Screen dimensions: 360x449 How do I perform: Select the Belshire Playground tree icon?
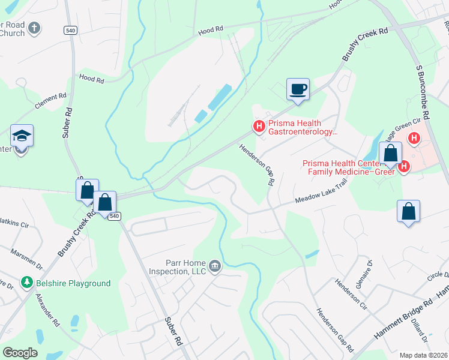[x=26, y=282]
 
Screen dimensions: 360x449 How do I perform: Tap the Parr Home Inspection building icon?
[x=215, y=265]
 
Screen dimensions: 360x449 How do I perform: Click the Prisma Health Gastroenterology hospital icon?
[x=259, y=126]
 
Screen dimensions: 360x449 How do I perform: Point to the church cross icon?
[x=35, y=28]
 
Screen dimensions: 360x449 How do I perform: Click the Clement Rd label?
[x=50, y=100]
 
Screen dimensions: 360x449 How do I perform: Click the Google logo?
[x=19, y=353]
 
